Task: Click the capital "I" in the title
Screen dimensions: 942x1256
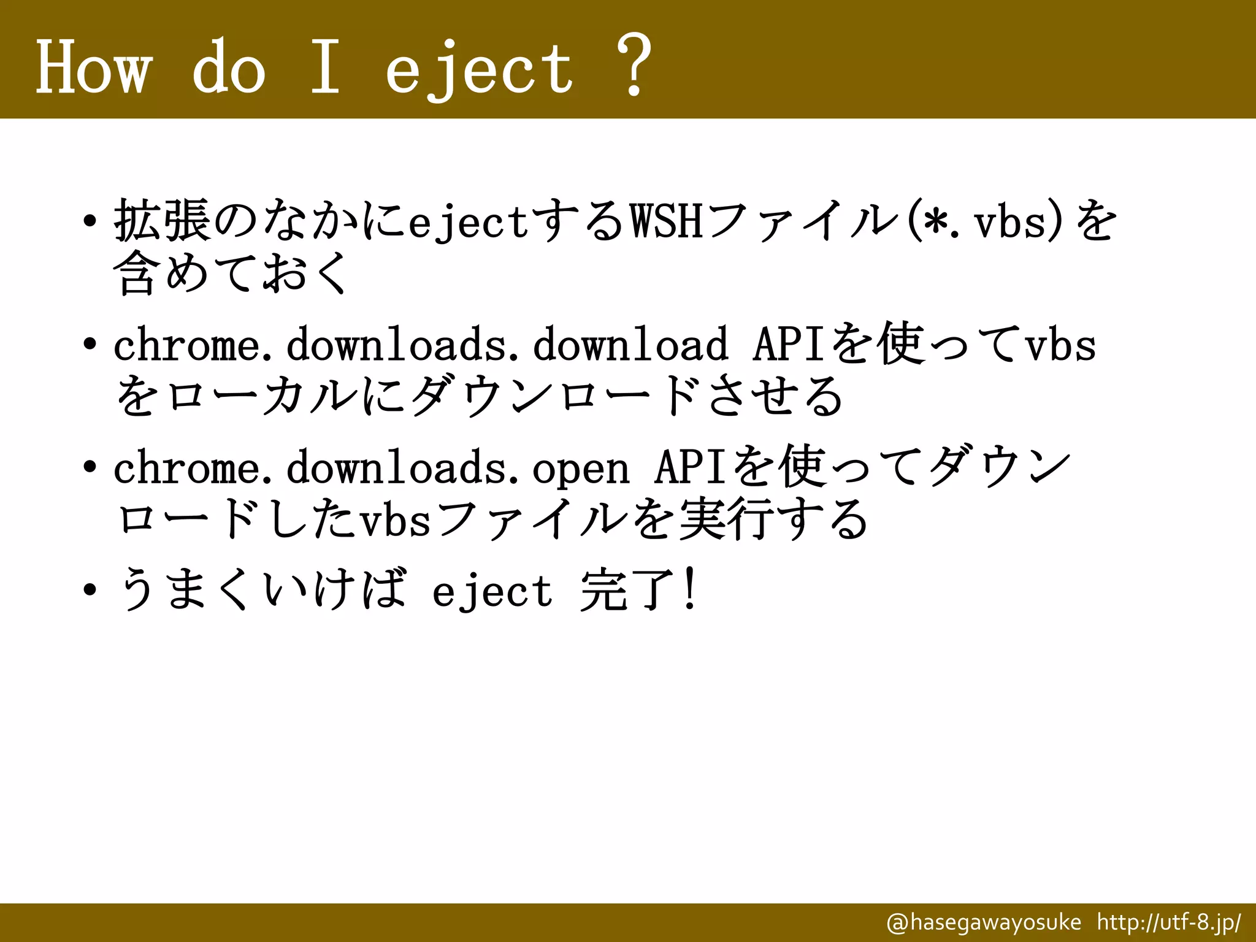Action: coord(324,66)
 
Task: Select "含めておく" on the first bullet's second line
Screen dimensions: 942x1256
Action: coord(230,273)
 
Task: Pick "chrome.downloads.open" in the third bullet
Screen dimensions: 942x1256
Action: coord(371,468)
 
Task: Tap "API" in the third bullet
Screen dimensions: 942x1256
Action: coord(691,468)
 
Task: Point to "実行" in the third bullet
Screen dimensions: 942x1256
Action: coord(724,520)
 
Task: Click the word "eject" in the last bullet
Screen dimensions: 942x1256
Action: coord(492,591)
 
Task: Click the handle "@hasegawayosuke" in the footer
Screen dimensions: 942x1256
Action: coord(984,922)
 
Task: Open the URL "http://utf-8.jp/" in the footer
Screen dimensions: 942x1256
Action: coord(1169,922)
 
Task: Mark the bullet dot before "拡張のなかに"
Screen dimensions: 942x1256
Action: coord(90,221)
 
